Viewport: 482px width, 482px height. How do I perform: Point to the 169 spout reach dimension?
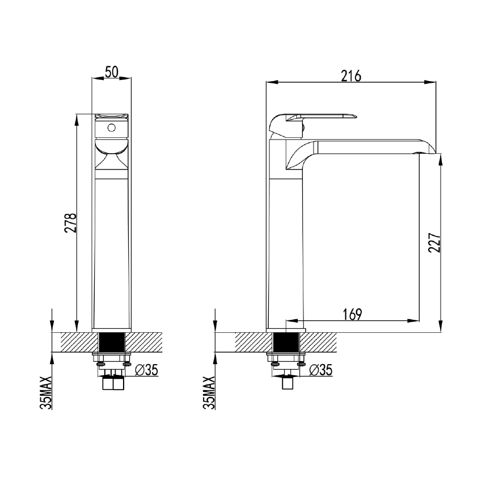coord(352,313)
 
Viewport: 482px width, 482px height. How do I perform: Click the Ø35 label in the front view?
coord(147,370)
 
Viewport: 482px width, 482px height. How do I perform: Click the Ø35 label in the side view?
coord(321,370)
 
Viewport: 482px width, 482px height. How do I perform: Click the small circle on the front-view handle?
coord(112,128)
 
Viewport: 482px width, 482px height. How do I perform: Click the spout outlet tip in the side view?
coord(426,150)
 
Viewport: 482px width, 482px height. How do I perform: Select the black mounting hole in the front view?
coord(112,343)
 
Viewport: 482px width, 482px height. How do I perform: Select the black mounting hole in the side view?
coord(286,343)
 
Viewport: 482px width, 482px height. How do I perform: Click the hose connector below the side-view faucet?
coord(288,384)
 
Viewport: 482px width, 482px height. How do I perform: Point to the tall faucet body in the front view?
coord(112,250)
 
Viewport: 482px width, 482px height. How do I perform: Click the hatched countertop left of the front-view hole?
coord(74,343)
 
